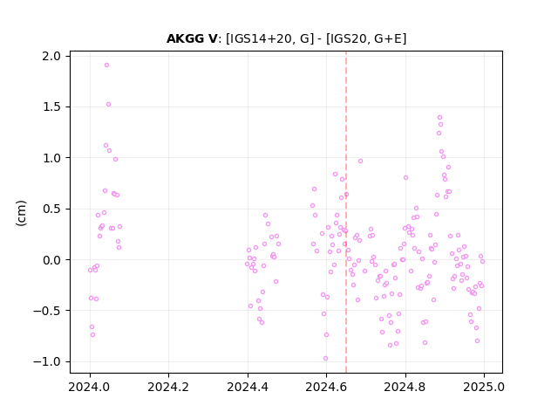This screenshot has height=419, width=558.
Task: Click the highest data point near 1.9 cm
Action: coord(106,65)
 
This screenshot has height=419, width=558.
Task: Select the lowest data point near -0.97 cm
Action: coord(325,359)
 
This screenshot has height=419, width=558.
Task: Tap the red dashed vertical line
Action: coord(346,212)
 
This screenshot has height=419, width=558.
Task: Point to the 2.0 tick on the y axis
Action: coord(51,56)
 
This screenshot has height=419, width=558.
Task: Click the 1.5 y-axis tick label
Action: coord(51,106)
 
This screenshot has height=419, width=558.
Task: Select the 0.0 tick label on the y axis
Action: coord(51,260)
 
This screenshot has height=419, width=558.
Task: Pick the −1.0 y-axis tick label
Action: coord(47,361)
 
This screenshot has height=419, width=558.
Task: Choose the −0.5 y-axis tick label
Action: coord(47,311)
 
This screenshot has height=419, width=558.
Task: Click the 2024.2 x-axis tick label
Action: coord(168,387)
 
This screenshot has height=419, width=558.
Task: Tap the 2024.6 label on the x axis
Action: coord(326,387)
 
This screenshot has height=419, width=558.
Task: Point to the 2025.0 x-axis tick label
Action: coord(484,387)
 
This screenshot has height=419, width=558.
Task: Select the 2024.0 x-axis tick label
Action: coord(90,387)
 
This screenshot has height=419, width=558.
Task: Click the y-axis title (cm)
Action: coord(21,213)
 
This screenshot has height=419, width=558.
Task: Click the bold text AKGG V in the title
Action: coord(192,38)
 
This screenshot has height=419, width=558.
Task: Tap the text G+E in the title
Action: coord(390,38)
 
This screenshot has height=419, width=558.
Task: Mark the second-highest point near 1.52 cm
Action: coord(108,105)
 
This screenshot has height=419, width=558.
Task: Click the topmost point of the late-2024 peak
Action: coord(439,118)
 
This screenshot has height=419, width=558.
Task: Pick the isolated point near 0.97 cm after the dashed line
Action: coord(360,161)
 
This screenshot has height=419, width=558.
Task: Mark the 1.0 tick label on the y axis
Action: coord(51,158)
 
